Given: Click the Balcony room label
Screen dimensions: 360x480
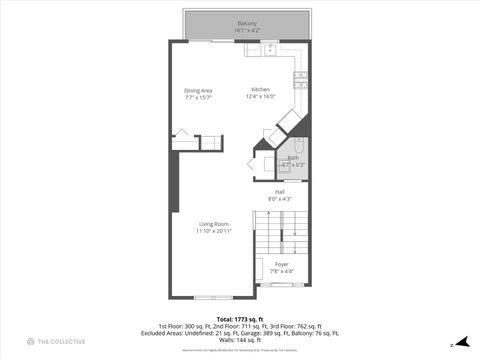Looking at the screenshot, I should (x=246, y=23).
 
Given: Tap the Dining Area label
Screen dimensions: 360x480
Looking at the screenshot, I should (x=198, y=90).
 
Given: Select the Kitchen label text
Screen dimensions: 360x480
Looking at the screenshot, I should (x=260, y=89).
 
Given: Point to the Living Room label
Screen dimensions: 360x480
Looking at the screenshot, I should (x=214, y=223).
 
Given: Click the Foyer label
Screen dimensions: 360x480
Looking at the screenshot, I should (x=282, y=264).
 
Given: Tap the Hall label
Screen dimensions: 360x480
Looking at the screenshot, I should (x=281, y=191).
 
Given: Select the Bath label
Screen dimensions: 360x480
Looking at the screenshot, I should (x=293, y=157).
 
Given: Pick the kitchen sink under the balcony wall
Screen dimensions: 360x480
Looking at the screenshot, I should (x=270, y=47).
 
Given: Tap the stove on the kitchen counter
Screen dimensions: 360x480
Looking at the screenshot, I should (x=301, y=78).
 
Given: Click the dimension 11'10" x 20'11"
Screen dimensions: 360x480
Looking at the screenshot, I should (x=214, y=231).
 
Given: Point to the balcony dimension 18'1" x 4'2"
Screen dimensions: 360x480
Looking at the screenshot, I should (x=246, y=31).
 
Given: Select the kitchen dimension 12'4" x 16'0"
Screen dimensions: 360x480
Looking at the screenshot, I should (x=260, y=97).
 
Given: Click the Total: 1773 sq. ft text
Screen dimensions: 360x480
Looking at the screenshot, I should (x=240, y=318).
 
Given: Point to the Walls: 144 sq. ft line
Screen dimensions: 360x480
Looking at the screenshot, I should (x=240, y=340).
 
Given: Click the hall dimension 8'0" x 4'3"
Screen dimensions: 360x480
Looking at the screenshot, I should (x=281, y=199).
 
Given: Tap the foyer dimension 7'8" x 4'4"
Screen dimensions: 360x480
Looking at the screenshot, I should (x=282, y=272).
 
